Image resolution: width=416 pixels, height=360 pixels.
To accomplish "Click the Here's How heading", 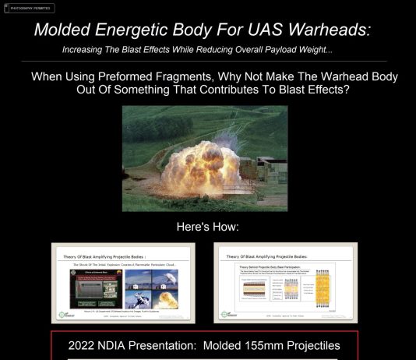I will (x=208, y=227).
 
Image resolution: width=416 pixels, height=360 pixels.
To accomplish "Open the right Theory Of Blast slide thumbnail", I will (x=286, y=283).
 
